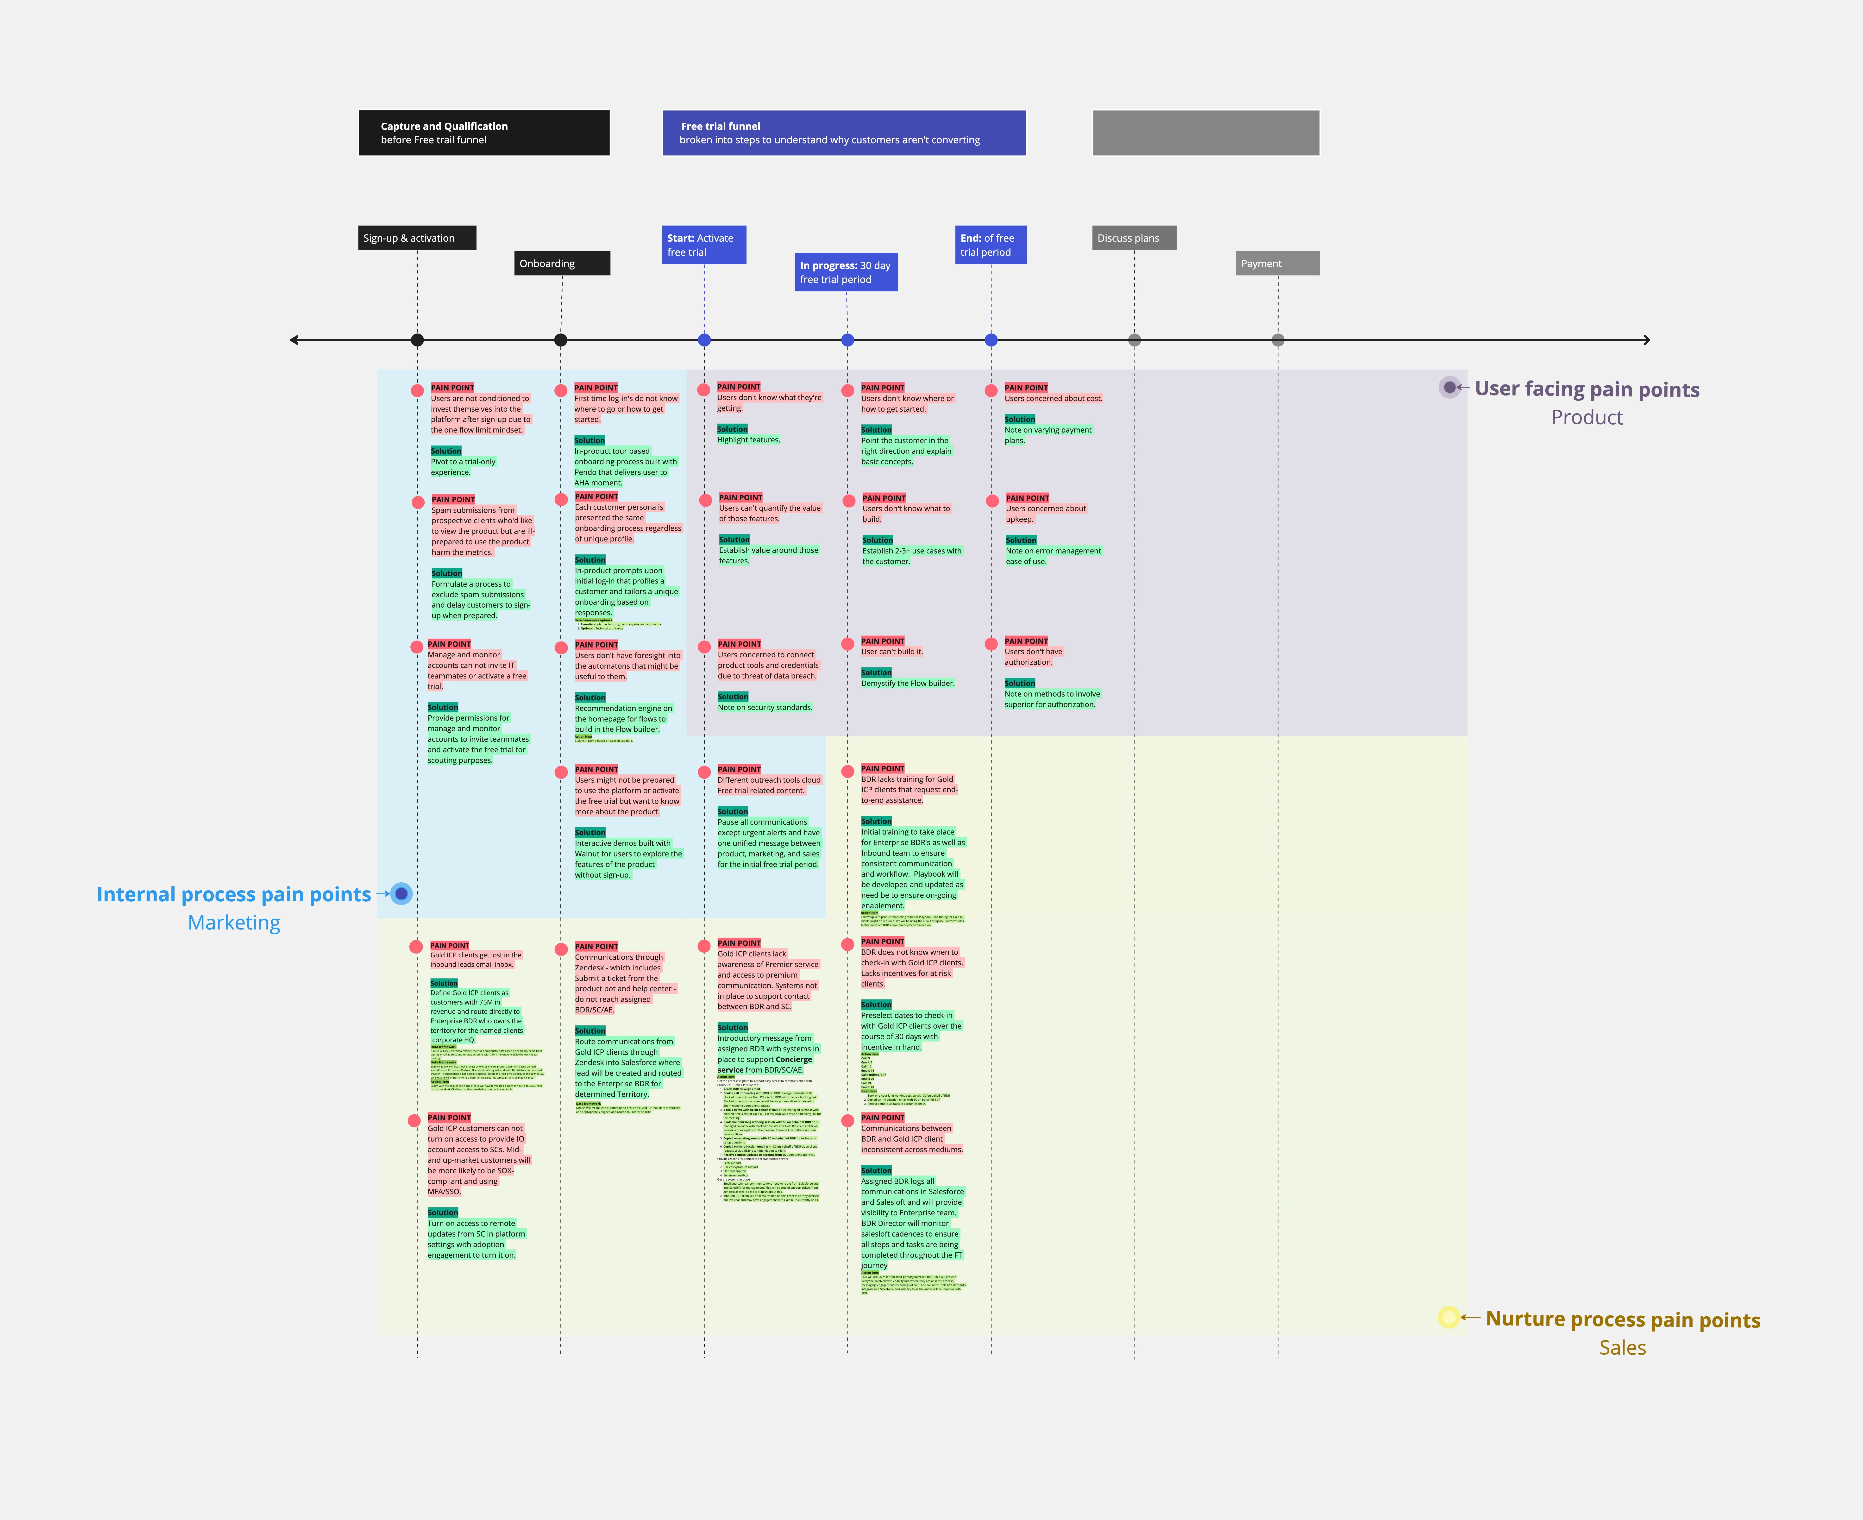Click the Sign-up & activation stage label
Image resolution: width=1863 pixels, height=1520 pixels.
pos(417,238)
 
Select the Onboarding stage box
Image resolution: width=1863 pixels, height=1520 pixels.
pos(561,264)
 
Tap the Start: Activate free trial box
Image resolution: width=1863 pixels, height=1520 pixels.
pos(704,245)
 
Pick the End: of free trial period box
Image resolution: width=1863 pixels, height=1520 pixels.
pos(990,245)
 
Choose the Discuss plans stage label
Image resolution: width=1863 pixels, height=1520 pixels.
pos(1134,238)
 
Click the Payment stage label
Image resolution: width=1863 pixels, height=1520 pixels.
pos(1277,264)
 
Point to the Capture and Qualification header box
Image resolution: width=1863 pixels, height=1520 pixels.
pos(484,133)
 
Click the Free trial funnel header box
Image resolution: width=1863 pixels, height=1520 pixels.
pos(844,133)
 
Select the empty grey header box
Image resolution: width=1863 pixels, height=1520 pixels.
pos(1205,133)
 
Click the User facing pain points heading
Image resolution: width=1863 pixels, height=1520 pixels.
pos(1586,390)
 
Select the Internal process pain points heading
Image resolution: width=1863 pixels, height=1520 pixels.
pos(234,895)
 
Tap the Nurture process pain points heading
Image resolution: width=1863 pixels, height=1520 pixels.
pos(1622,1319)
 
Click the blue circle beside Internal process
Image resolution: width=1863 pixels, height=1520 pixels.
pos(401,894)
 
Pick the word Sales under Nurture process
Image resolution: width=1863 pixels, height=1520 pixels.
pos(1622,1348)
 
